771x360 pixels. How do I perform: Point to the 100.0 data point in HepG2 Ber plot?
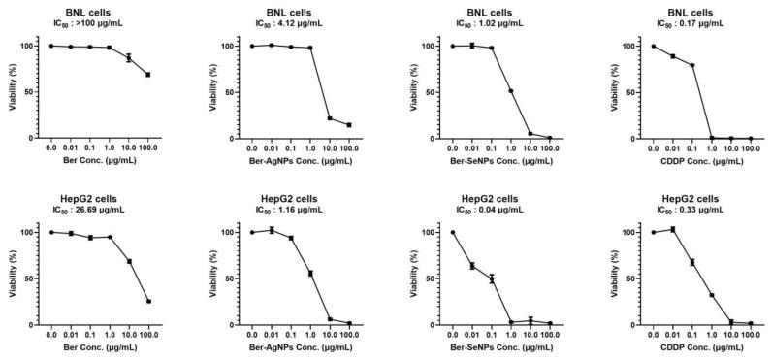click(x=148, y=301)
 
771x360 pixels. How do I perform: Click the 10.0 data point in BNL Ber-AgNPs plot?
click(x=330, y=118)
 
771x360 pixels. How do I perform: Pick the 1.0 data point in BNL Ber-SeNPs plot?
click(x=510, y=91)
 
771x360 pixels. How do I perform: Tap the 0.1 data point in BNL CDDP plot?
click(x=691, y=65)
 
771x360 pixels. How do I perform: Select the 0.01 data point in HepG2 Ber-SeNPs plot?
click(x=471, y=266)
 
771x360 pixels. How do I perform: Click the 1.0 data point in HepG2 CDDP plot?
click(x=711, y=295)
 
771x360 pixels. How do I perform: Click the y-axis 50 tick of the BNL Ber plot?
click(x=32, y=92)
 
